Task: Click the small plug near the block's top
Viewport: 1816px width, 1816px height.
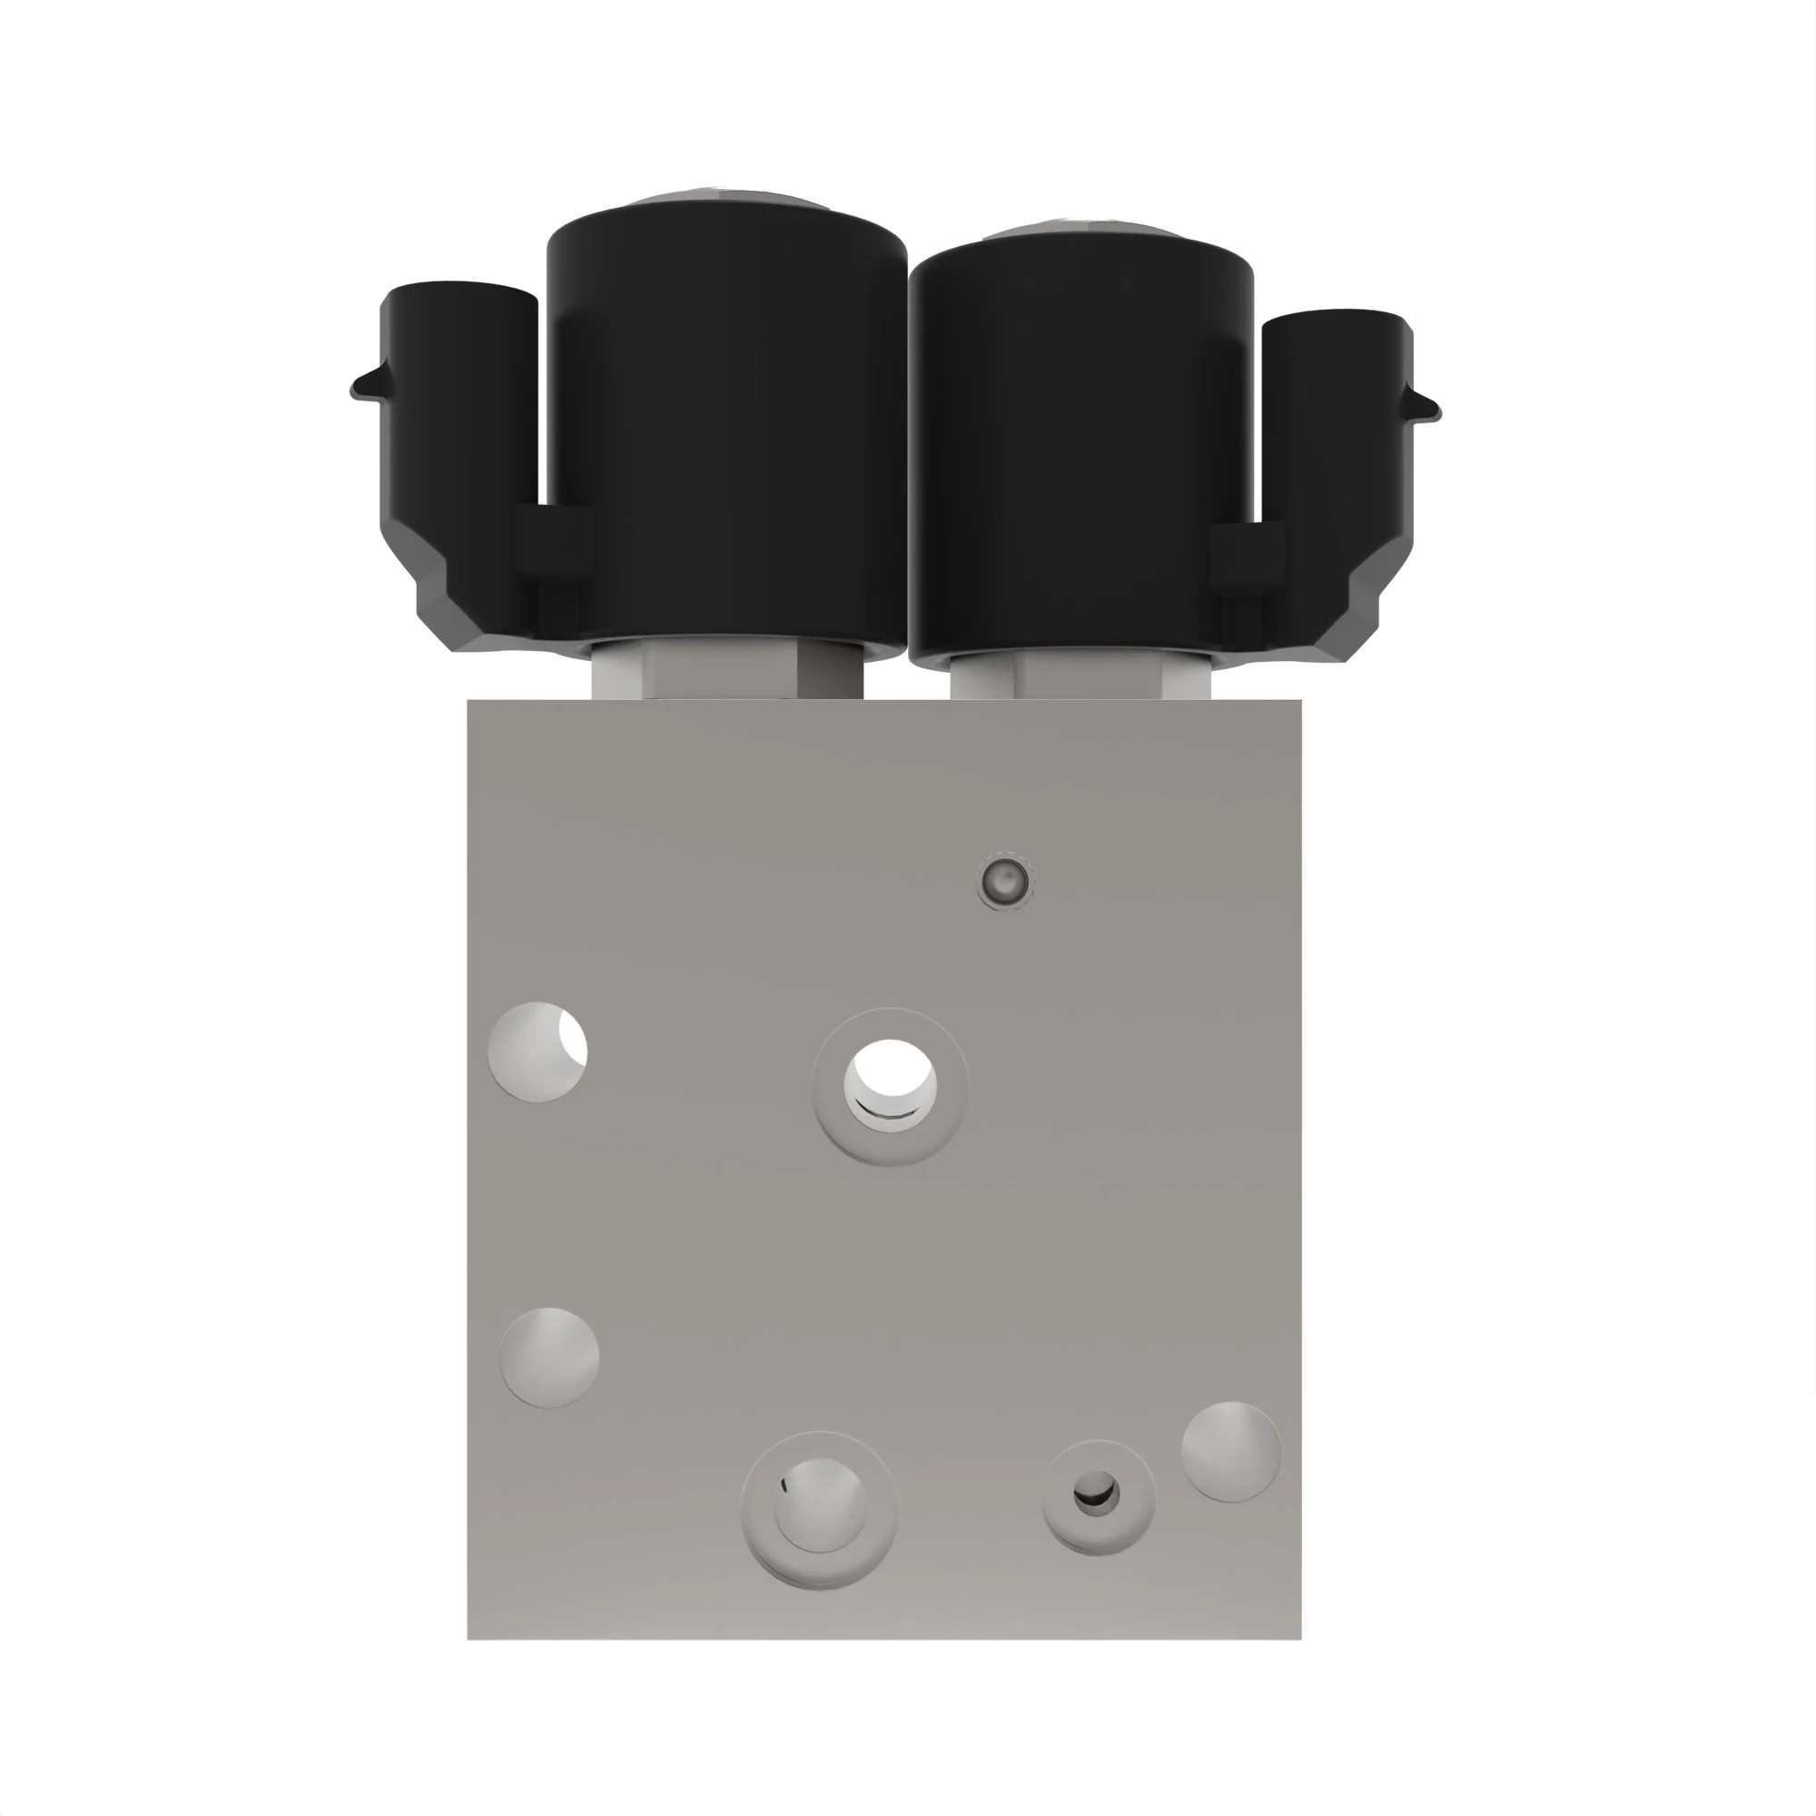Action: tap(1005, 881)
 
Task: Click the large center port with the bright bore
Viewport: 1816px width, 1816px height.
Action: tap(889, 1086)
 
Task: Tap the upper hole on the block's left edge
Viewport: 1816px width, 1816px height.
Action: tap(538, 1051)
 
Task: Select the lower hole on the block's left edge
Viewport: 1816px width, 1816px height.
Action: tap(550, 1357)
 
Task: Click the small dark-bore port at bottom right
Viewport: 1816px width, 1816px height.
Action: tap(1097, 1493)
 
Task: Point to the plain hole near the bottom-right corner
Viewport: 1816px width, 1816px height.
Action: tap(1230, 1451)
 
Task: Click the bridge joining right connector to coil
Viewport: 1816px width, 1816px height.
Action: tap(1246, 558)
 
